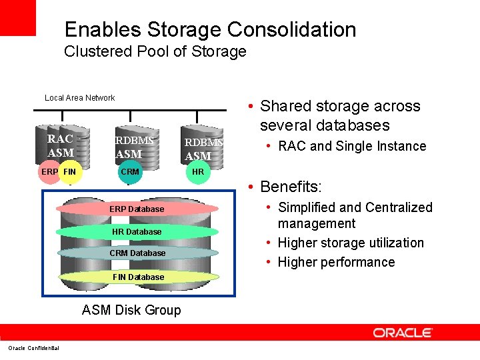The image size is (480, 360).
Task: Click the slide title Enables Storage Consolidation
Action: tap(210, 30)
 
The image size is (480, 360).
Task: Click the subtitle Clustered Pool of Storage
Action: tap(155, 52)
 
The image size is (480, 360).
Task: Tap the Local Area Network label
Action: tap(79, 98)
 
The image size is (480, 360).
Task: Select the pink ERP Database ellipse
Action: tap(137, 209)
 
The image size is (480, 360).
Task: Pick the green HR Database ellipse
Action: tap(137, 231)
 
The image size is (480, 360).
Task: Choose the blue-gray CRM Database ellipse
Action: tap(137, 253)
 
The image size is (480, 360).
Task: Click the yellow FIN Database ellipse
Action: tap(137, 277)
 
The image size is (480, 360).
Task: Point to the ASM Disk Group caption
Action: tap(131, 310)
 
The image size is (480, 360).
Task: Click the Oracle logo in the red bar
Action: tap(403, 332)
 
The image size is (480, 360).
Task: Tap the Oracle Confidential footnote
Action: tap(33, 348)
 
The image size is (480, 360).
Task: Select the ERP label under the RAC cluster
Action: tap(49, 172)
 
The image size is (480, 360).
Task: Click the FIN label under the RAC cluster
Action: tap(69, 172)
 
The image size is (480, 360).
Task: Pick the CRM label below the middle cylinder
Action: tap(130, 172)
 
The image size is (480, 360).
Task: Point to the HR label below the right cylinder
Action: tap(198, 172)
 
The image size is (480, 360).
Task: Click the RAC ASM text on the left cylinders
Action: tap(60, 146)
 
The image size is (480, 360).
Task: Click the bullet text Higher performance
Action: tap(336, 262)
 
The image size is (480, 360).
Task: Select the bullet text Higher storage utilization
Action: tap(351, 243)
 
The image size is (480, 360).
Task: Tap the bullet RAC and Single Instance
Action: tap(352, 146)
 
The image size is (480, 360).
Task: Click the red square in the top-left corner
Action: tap(17, 17)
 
